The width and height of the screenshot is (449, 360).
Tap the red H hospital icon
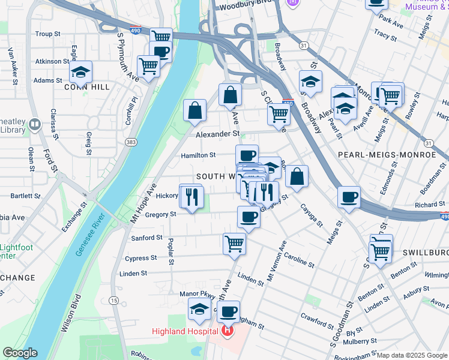point(228,331)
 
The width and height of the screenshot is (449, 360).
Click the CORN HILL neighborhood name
point(87,87)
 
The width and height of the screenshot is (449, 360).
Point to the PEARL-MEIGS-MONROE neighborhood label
point(387,154)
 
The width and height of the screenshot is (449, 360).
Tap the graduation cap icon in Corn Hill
point(80,73)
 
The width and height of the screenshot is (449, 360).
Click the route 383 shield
point(130,142)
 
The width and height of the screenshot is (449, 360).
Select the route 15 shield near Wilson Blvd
point(114,299)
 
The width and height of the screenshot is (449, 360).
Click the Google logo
point(20,353)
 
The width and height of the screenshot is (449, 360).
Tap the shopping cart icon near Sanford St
point(234,244)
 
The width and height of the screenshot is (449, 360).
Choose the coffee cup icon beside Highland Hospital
point(228,311)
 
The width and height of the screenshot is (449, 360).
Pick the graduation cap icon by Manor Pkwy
point(199,310)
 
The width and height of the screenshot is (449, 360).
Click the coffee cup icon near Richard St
point(349,197)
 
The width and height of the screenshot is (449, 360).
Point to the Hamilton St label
point(198,155)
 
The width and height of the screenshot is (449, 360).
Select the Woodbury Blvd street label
point(244,7)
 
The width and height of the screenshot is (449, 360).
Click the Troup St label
point(47,34)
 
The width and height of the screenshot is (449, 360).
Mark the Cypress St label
point(140,258)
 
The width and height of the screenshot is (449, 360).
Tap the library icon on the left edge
point(34,124)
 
